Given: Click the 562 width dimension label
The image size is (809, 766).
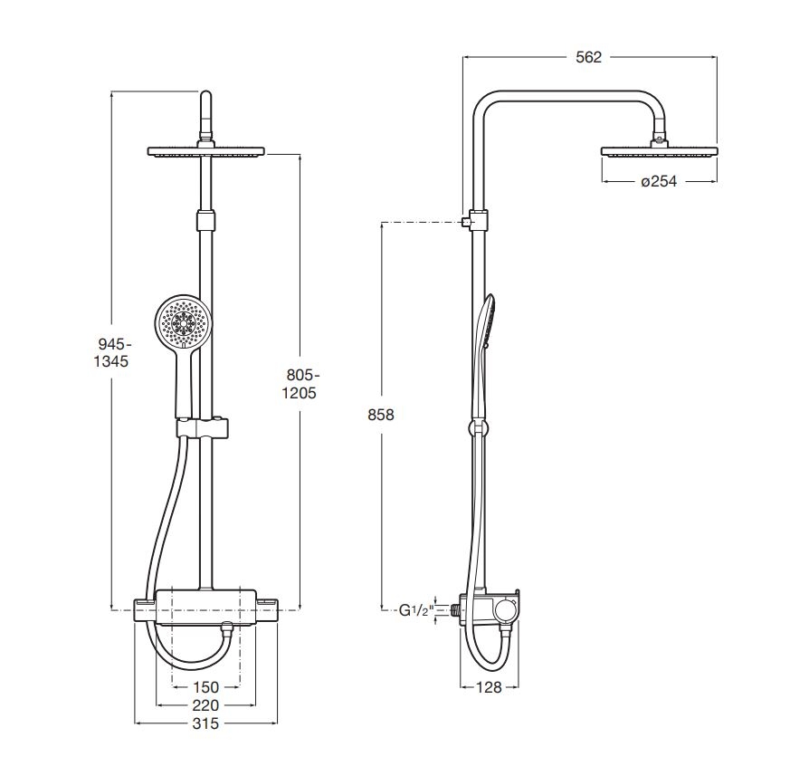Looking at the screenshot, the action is tap(589, 57).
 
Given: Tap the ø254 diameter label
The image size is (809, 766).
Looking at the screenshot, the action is tap(659, 182).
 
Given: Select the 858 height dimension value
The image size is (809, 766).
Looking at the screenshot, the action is tap(381, 415).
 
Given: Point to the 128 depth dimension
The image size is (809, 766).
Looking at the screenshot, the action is tap(489, 686).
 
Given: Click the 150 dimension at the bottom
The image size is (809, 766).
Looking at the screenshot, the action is tap(205, 687).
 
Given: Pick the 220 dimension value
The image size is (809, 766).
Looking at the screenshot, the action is tap(205, 705).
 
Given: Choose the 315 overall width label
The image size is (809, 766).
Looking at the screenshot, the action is tap(205, 723).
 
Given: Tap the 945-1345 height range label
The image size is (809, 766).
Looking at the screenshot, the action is tap(111, 352).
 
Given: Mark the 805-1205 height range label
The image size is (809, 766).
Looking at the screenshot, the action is tap(300, 384).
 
